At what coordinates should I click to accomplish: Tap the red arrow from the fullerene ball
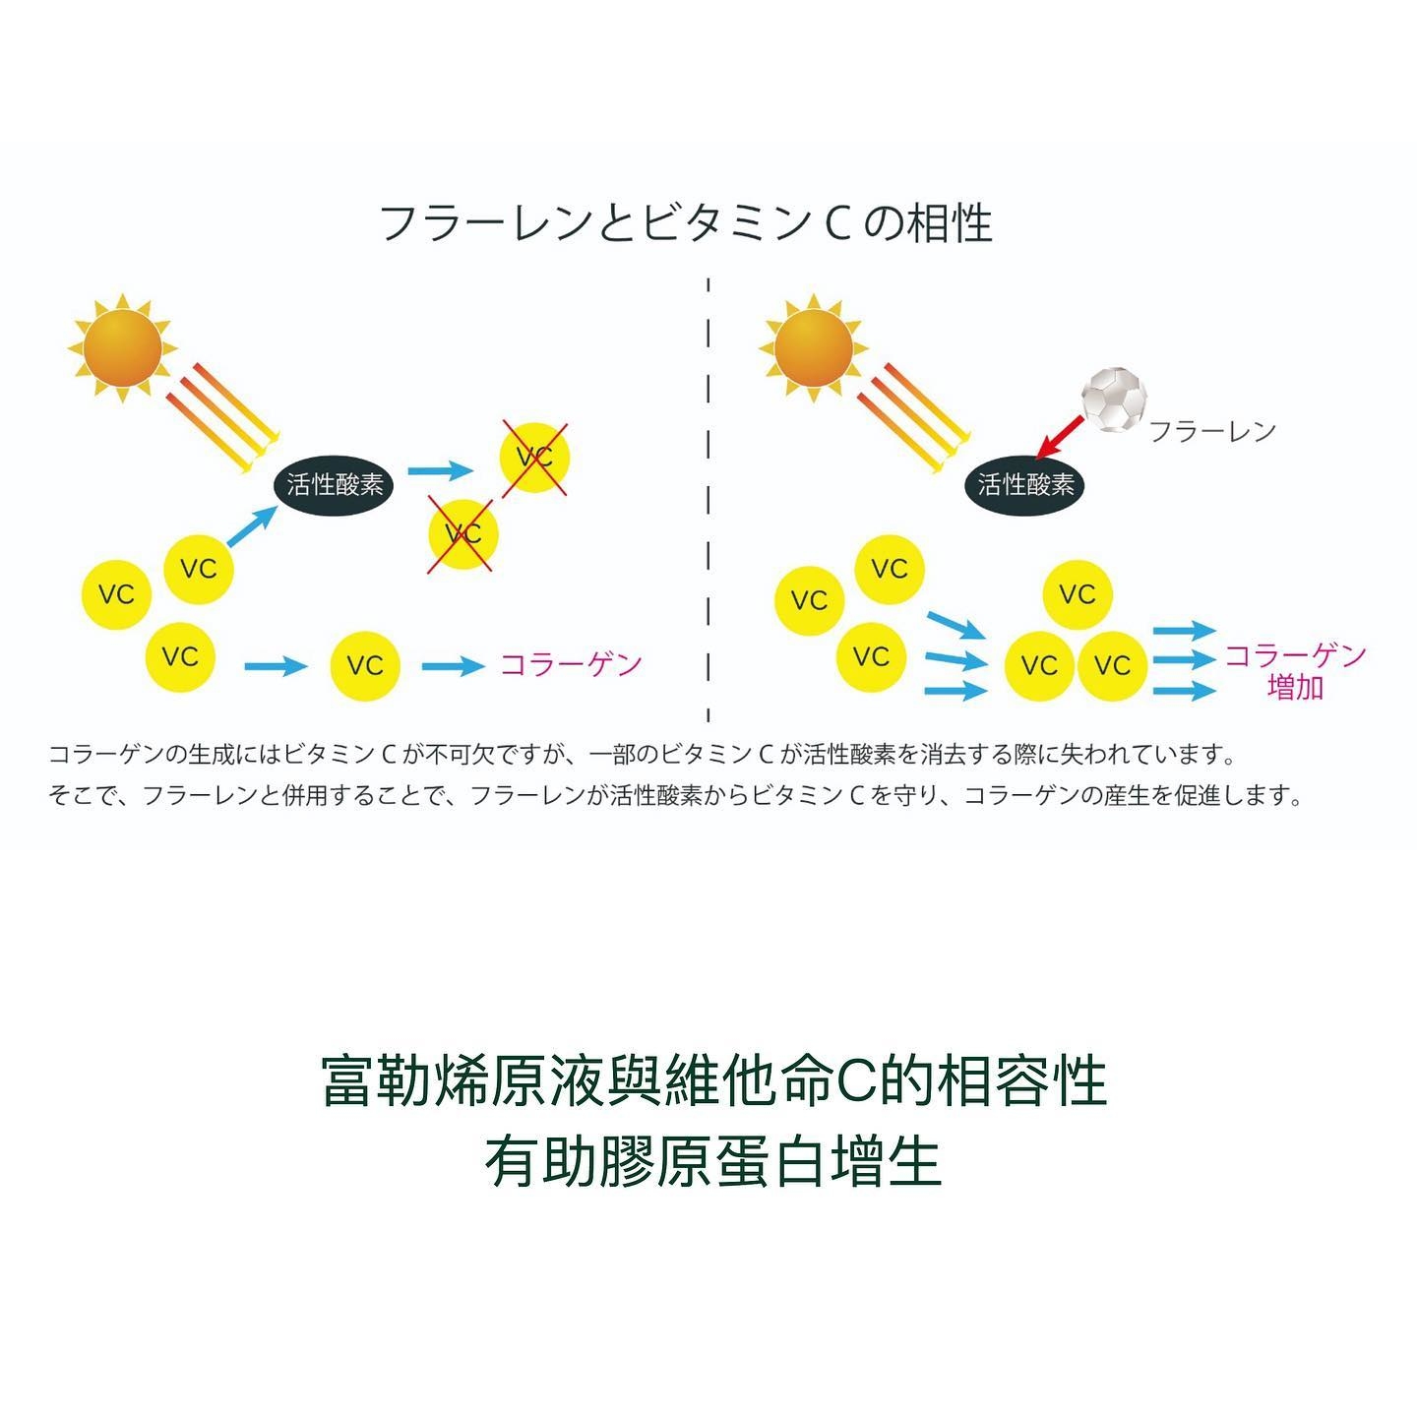1060,437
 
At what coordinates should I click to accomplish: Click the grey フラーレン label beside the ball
1212,431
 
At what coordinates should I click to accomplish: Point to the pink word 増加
1295,687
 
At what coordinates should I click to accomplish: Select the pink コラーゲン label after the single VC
571,664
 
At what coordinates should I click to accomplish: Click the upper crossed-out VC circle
534,458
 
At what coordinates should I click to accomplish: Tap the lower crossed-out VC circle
462,533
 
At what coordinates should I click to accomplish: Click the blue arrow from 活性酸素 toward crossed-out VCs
440,471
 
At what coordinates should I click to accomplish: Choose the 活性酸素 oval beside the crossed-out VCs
334,484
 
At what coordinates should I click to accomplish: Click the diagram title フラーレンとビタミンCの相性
686,223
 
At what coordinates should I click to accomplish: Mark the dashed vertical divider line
708,492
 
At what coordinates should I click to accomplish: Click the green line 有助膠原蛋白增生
712,1162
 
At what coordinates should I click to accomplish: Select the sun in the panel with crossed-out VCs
121,347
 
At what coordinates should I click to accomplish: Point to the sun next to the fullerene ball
813,347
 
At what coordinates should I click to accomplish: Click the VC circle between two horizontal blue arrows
364,665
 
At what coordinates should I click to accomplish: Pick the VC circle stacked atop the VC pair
1078,594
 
